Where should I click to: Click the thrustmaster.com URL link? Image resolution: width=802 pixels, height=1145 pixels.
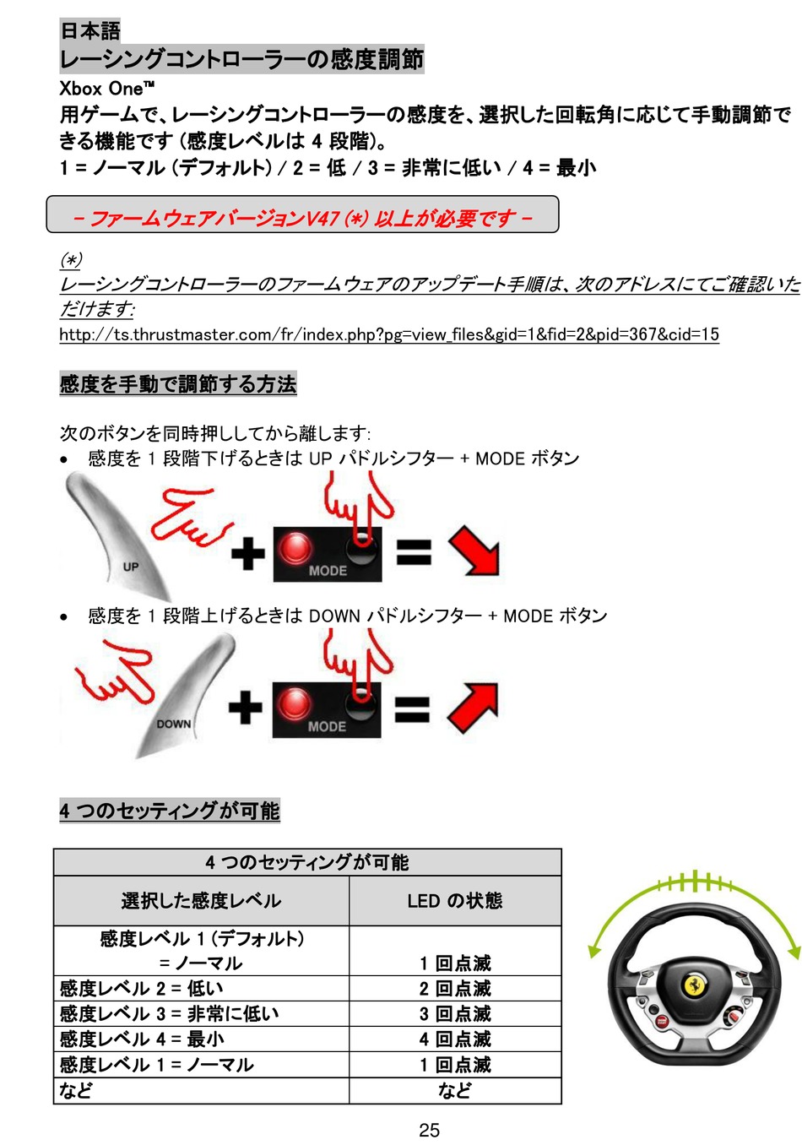click(x=388, y=334)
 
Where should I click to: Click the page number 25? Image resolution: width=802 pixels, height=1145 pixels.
click(x=429, y=1130)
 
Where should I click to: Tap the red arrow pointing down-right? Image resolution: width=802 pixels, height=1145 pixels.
click(x=475, y=551)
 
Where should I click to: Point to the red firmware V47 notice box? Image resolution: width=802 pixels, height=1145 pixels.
click(x=302, y=215)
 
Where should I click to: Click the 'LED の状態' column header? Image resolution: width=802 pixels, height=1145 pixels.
click(x=454, y=901)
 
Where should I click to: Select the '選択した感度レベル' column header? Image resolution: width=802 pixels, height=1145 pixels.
click(x=201, y=901)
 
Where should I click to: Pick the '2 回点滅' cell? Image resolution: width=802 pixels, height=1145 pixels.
click(x=454, y=989)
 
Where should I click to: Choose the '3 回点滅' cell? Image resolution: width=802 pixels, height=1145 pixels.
click(x=454, y=1014)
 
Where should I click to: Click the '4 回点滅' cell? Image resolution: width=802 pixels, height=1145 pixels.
click(x=454, y=1039)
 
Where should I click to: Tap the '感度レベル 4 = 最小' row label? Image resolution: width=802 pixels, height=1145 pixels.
click(x=142, y=1039)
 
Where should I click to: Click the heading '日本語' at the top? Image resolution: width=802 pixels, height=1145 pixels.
click(x=89, y=31)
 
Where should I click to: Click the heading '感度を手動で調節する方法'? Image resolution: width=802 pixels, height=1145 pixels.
click(x=177, y=384)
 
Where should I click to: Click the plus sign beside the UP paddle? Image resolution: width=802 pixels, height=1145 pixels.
click(x=247, y=554)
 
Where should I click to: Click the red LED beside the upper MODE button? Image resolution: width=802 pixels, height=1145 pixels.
click(x=295, y=547)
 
